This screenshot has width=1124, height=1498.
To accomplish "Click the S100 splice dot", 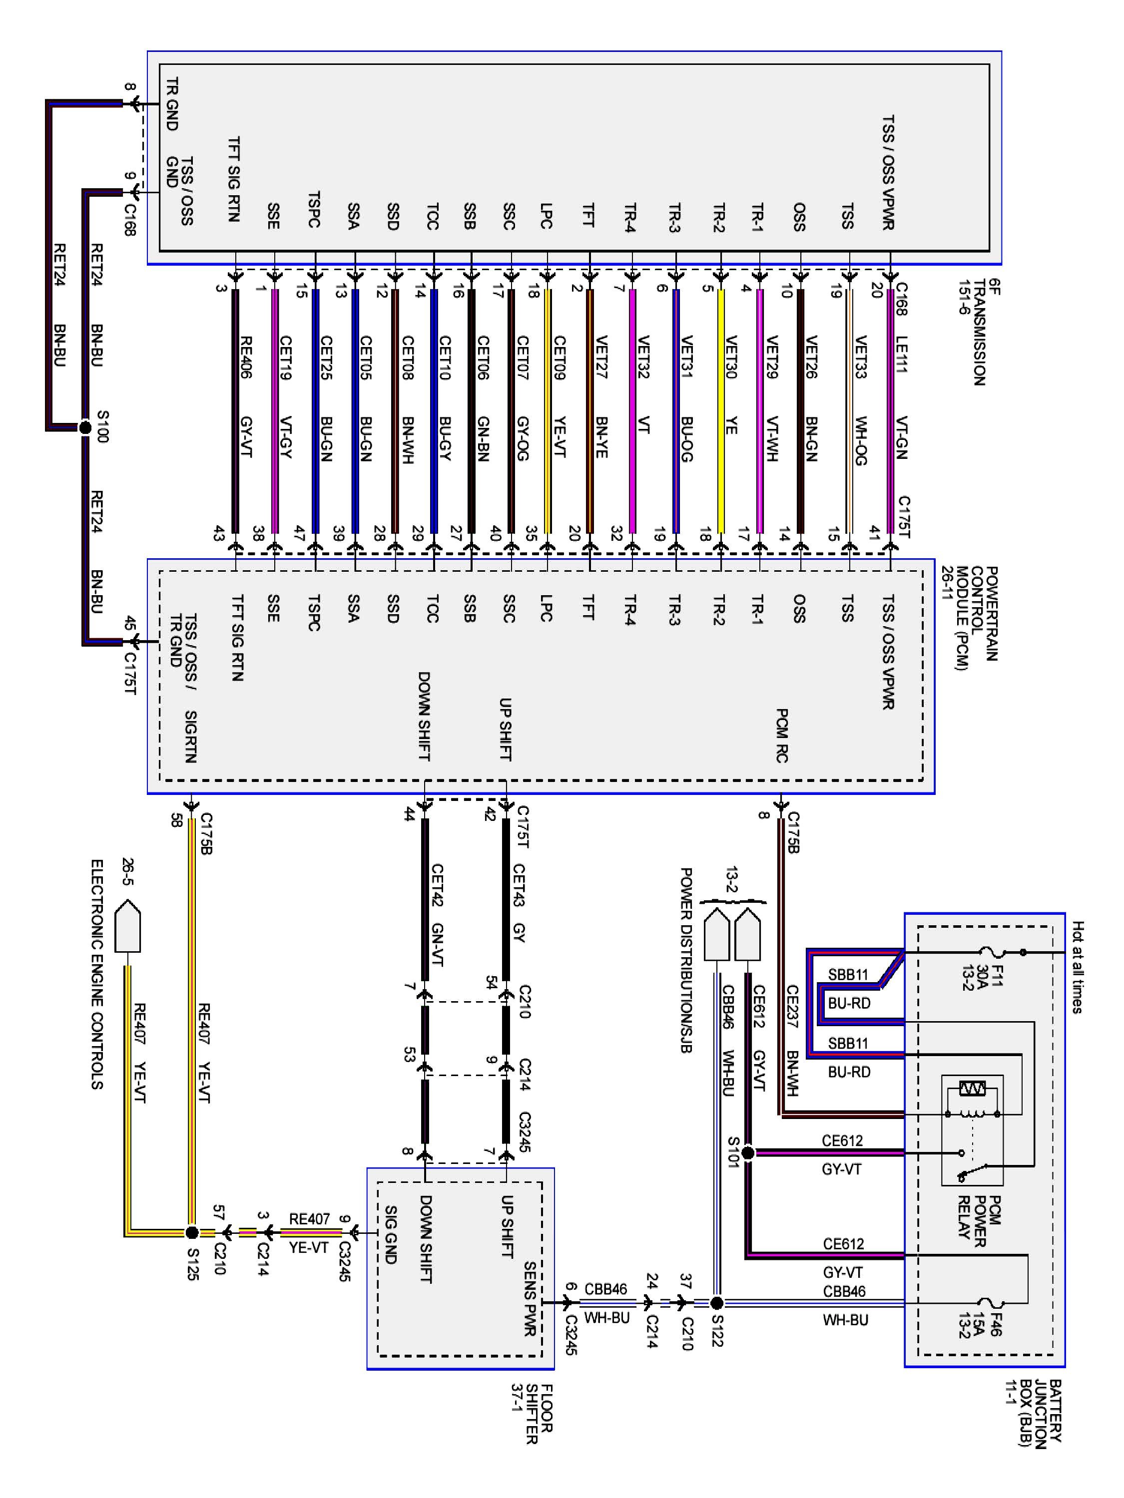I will click(x=85, y=427).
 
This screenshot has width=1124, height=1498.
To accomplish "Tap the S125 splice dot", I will click(x=192, y=1232).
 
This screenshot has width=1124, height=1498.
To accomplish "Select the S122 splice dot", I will click(x=717, y=1302).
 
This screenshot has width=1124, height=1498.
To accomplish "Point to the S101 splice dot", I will click(x=747, y=1152).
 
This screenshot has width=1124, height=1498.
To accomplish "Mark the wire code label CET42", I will click(x=437, y=884).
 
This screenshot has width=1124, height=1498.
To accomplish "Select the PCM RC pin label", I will click(x=782, y=735).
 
